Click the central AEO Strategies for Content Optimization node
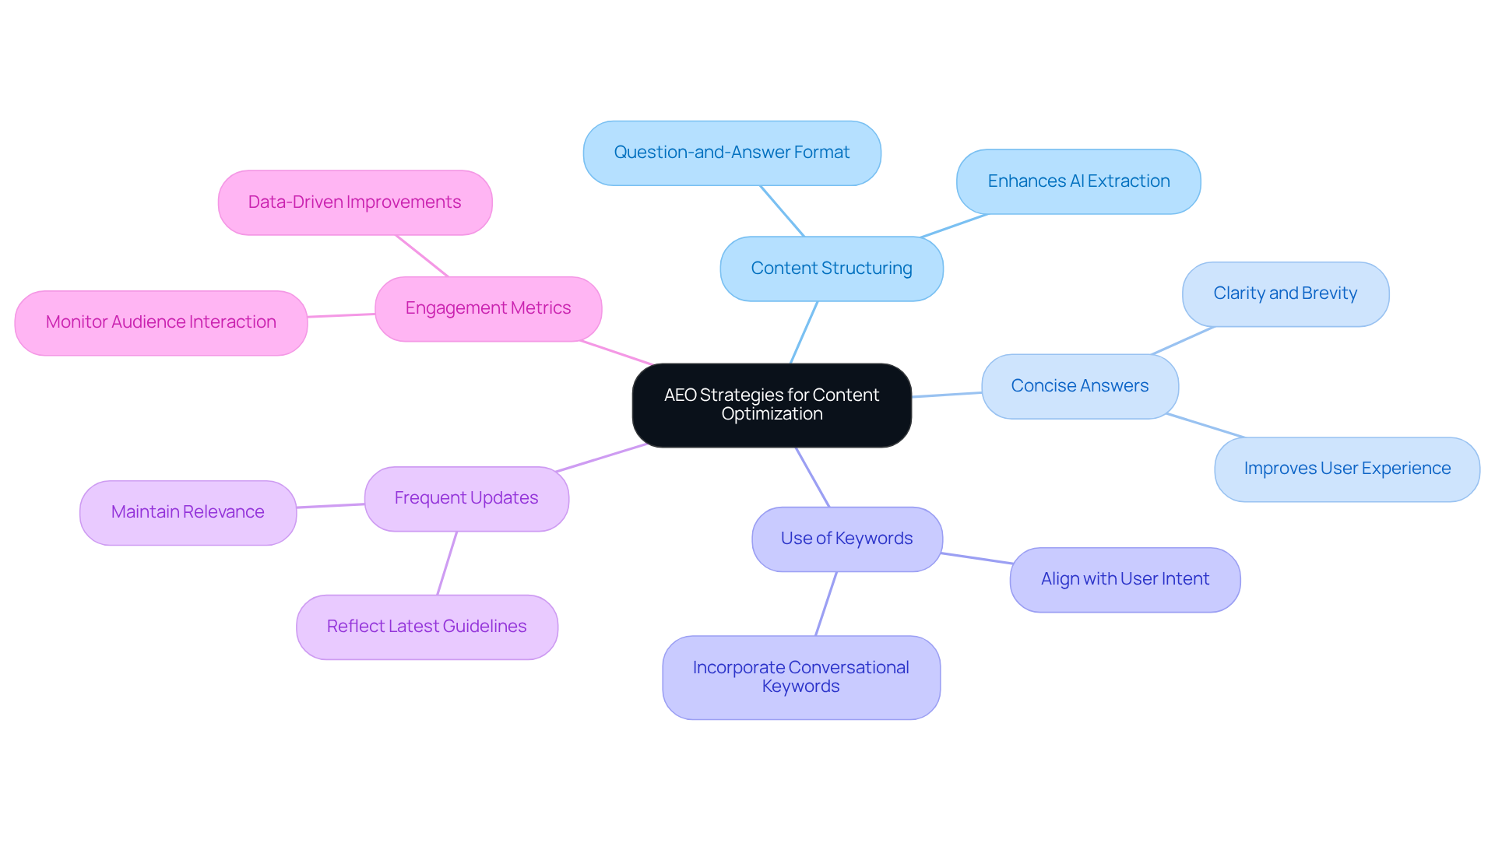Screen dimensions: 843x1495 click(771, 405)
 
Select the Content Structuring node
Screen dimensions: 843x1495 click(831, 269)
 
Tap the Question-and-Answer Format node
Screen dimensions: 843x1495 click(731, 153)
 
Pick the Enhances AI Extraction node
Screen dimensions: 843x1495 click(1078, 181)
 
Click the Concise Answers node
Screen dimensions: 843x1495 click(1079, 386)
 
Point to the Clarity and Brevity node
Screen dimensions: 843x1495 click(1285, 293)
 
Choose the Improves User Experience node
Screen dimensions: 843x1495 click(1346, 469)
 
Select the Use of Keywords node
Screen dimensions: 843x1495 click(846, 539)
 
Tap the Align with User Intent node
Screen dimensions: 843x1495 click(1124, 579)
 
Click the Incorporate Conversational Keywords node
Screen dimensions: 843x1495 click(800, 677)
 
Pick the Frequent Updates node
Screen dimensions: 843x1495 click(466, 498)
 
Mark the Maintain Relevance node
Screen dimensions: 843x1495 click(188, 512)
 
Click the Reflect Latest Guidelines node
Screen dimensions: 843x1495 click(427, 627)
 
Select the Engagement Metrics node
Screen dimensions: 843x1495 click(487, 308)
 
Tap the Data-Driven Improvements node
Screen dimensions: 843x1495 click(354, 202)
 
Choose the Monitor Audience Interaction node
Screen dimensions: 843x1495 click(160, 322)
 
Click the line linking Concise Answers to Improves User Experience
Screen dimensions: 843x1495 click(1205, 426)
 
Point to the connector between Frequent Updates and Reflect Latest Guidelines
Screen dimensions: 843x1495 click(447, 564)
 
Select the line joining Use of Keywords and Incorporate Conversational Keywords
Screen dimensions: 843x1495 click(825, 604)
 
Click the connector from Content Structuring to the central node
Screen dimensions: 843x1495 click(804, 332)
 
